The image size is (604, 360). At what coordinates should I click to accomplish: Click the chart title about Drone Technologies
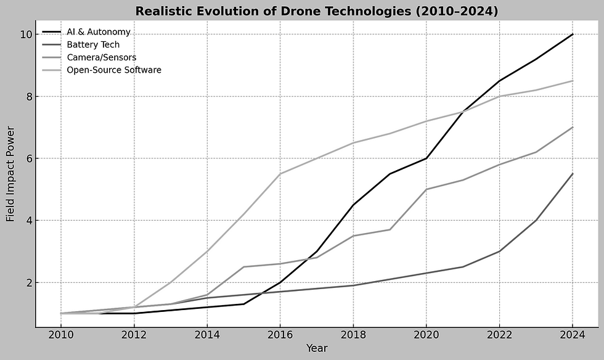pos(316,11)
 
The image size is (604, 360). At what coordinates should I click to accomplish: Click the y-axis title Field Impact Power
pos(10,174)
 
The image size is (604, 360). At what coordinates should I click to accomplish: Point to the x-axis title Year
pos(316,348)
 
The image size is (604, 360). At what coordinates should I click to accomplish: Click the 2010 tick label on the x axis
pos(60,334)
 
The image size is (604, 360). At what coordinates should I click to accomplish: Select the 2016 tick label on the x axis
pos(280,334)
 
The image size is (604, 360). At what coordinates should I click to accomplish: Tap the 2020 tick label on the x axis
pos(426,334)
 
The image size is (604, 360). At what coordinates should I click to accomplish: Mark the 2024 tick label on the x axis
pos(573,334)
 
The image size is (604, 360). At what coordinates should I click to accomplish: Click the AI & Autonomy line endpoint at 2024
pos(573,35)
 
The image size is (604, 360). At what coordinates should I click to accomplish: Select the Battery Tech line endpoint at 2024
pos(573,174)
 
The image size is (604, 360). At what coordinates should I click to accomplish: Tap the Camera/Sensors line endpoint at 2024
pos(573,128)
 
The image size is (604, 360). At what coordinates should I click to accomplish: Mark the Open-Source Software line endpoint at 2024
pos(573,81)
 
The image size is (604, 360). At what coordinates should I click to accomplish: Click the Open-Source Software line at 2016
pos(280,174)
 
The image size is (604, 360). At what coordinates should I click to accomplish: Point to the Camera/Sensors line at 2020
pos(426,189)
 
